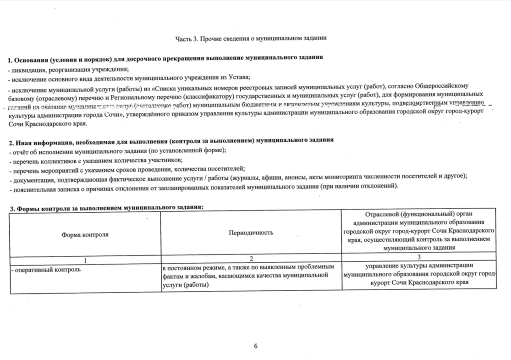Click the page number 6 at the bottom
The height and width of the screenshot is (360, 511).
point(256,346)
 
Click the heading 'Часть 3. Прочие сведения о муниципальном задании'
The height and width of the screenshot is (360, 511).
point(251,38)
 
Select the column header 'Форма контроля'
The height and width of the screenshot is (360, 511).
point(85,234)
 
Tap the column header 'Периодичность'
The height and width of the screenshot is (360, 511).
point(251,233)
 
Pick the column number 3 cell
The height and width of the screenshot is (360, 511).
point(419,256)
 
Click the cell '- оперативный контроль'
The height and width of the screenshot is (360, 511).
point(46,269)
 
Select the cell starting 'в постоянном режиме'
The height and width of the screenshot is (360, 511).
point(247,275)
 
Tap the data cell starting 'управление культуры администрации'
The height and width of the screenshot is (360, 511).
point(419,274)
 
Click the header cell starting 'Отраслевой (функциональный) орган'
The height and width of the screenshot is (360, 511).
point(419,231)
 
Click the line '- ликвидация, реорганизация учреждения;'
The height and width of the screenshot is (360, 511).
point(68,69)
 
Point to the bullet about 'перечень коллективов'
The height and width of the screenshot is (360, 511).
point(95,160)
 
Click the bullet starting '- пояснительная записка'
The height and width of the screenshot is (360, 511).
point(203,187)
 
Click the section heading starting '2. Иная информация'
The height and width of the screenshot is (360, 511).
point(170,139)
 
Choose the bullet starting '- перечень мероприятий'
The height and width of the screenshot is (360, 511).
point(127,169)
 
